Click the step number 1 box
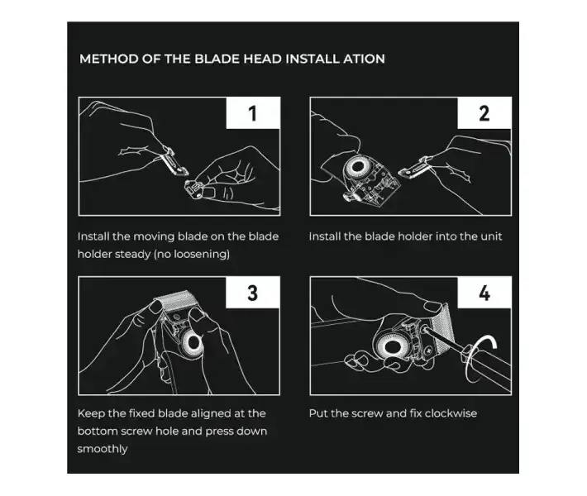(253, 113)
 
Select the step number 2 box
(484, 113)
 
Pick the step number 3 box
(253, 293)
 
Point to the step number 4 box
(484, 293)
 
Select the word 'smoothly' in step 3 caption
(103, 449)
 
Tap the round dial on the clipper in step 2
(357, 168)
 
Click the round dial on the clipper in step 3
(193, 342)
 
